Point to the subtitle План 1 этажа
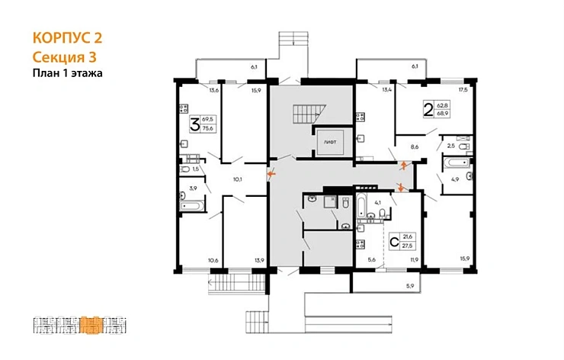[x=67, y=73]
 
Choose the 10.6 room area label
[x=213, y=261]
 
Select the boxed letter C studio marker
[x=395, y=243]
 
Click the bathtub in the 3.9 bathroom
[x=193, y=204]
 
